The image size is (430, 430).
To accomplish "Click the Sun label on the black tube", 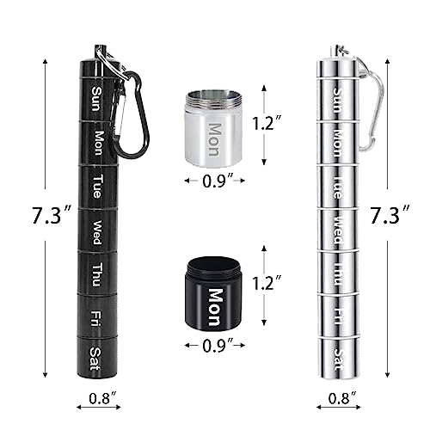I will click(x=95, y=96).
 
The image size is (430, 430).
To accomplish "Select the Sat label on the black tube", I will click(x=95, y=353).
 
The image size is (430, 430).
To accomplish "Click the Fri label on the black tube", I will click(x=96, y=315).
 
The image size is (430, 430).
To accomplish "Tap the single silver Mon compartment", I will click(x=214, y=130).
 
